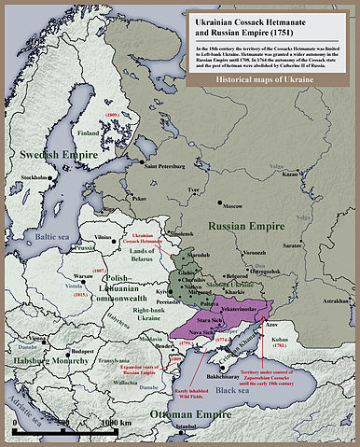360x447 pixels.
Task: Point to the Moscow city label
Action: tap(231, 205)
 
